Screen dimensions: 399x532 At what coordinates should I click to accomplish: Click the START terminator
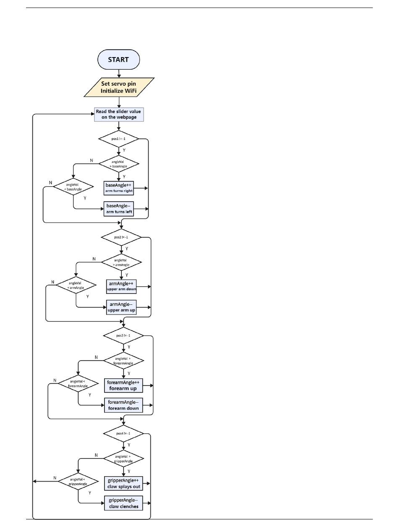coord(118,59)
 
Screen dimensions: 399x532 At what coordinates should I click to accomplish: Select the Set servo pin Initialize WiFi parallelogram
coord(119,87)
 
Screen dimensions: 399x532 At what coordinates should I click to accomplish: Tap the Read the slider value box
coord(119,114)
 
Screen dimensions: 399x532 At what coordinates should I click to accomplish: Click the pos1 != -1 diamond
coord(118,139)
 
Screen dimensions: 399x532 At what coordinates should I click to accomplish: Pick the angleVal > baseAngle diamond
coord(119,164)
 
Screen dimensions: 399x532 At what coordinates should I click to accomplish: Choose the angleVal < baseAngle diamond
coord(73,187)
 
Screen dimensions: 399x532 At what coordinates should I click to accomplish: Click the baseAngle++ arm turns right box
coord(119,188)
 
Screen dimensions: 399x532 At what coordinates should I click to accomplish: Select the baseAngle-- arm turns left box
coord(119,209)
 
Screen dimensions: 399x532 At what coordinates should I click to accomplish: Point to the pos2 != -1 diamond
coord(121,237)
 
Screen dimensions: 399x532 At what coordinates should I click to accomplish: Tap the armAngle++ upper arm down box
coord(121,286)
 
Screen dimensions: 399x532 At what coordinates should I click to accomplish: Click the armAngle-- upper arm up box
coord(121,307)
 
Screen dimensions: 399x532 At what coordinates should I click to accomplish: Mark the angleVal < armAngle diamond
coord(76,285)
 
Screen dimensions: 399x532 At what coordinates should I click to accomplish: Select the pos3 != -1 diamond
coord(123,335)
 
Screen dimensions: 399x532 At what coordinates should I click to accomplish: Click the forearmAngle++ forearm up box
coord(123,385)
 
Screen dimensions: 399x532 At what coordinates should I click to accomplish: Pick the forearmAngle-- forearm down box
coord(123,405)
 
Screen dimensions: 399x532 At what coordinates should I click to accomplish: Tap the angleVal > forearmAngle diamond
coord(123,361)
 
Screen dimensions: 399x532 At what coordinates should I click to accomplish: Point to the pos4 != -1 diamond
coord(123,434)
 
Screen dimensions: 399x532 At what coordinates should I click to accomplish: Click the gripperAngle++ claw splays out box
coord(123,484)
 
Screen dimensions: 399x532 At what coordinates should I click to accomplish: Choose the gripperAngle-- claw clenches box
coord(123,503)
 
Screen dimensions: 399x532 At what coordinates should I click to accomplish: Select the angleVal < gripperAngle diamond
coord(78,481)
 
